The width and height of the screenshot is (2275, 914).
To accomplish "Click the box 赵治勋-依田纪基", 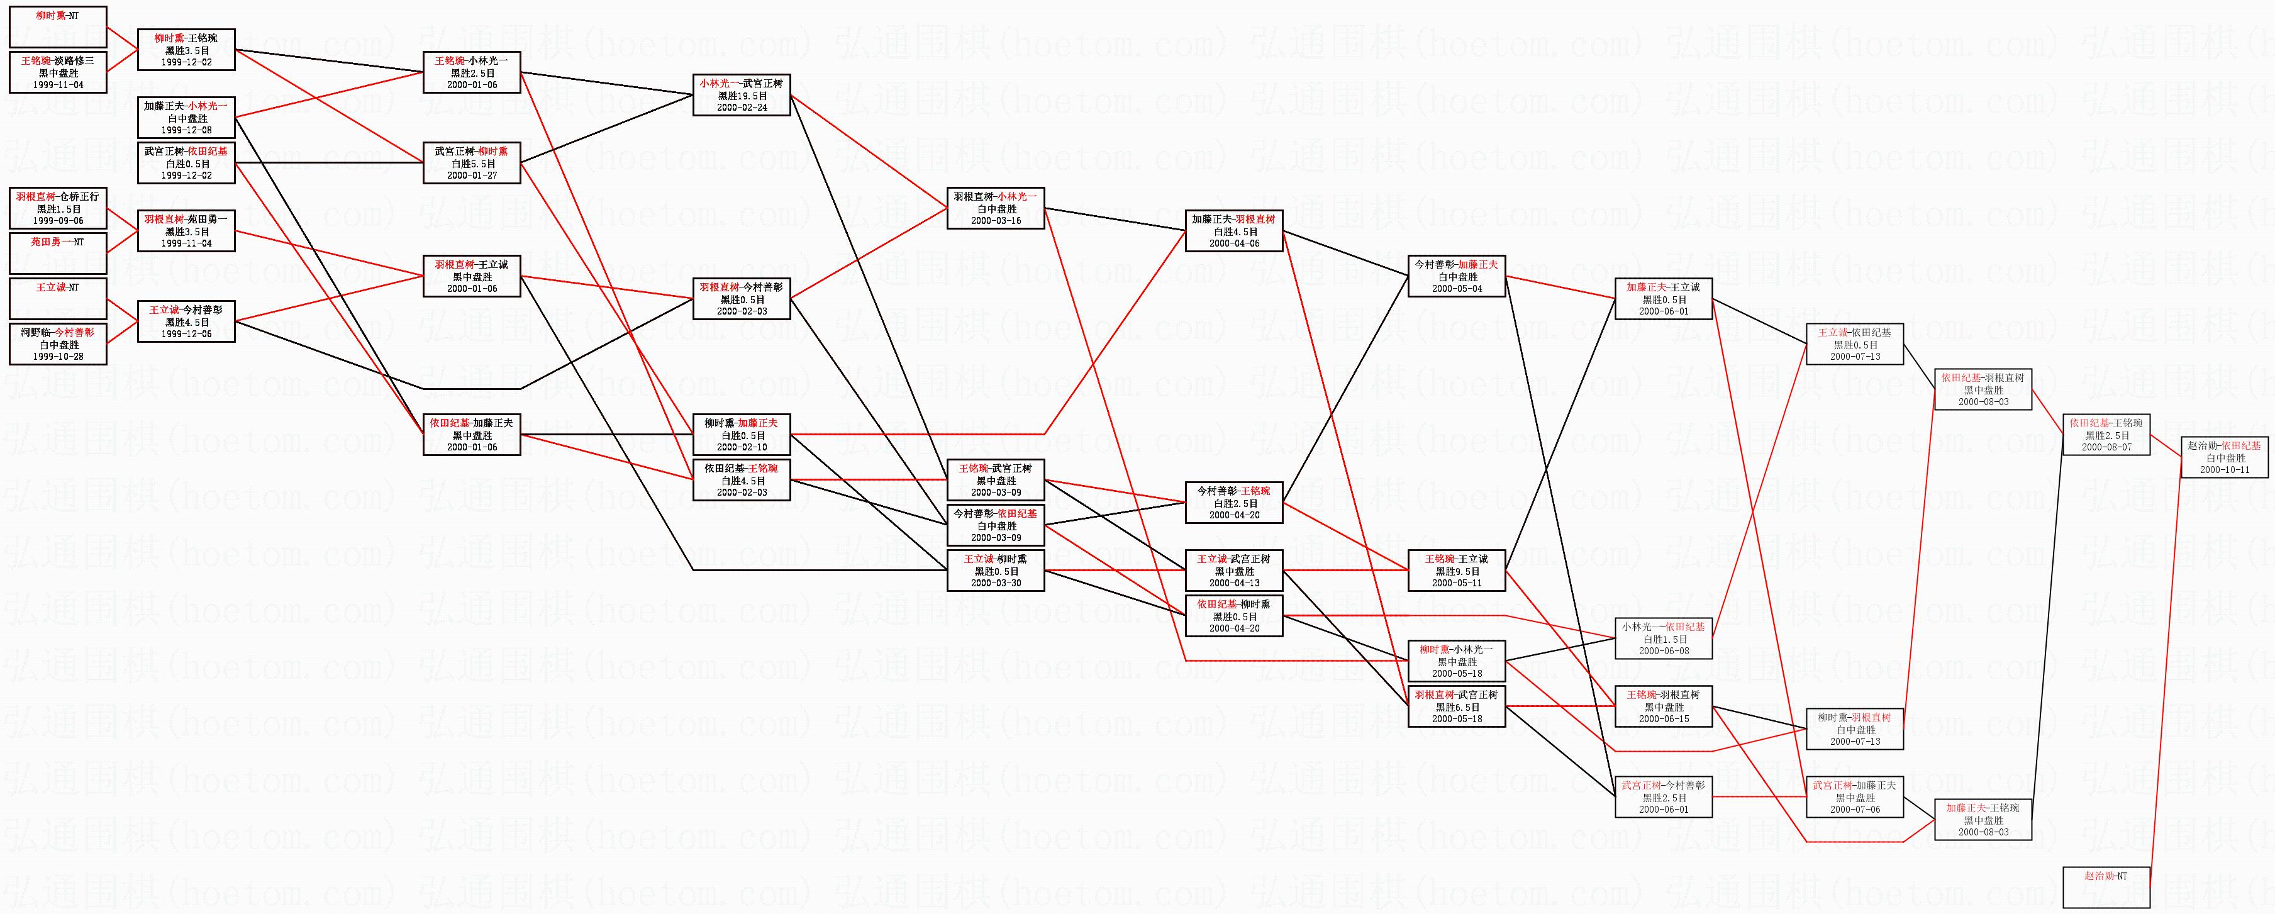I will (2224, 457).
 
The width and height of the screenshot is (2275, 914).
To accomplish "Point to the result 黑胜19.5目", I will (742, 96).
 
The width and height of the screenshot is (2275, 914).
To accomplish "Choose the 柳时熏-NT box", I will (58, 26).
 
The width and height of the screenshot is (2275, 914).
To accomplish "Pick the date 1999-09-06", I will (58, 221).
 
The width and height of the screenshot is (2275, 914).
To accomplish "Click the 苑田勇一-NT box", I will (58, 252).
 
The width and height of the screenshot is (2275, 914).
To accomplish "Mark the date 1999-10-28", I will (58, 356).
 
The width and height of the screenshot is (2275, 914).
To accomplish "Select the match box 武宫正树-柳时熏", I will (472, 164).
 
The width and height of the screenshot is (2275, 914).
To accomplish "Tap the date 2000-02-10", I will (742, 447).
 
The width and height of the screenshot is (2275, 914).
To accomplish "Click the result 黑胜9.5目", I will (1456, 571).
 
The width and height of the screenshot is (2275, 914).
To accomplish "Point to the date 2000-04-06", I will (1234, 243).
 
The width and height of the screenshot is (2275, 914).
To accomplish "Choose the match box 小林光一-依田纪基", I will (1664, 638).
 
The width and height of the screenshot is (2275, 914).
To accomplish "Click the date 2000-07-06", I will (1855, 809).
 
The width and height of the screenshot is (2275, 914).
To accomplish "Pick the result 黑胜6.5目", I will (1456, 707).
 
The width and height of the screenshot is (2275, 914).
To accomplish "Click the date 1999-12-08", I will (186, 130).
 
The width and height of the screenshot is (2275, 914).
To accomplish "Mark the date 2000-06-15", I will (1664, 719).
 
